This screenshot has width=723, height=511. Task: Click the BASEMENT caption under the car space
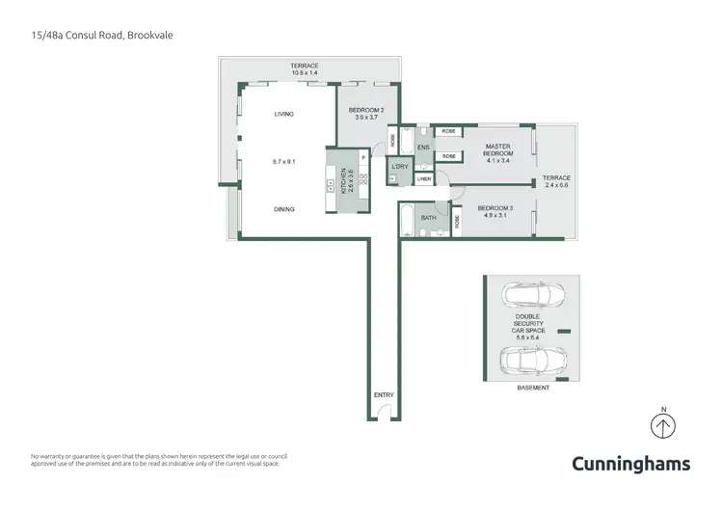533,388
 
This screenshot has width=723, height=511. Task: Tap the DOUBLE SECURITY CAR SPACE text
530,324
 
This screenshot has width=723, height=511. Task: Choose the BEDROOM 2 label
366,114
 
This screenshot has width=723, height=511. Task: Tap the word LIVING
283,114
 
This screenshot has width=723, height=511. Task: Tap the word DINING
283,209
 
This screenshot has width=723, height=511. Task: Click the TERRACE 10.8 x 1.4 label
305,69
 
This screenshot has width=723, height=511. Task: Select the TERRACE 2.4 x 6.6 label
555,181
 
